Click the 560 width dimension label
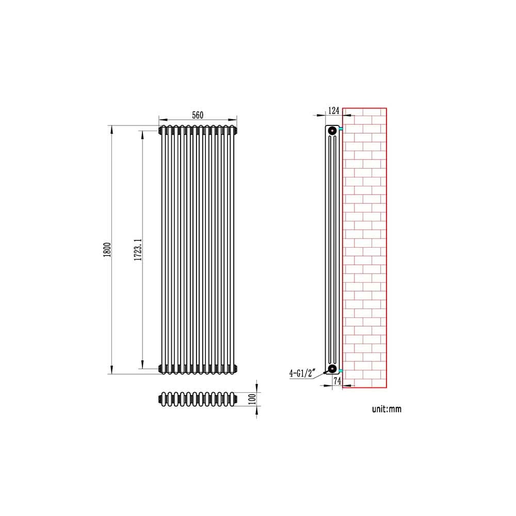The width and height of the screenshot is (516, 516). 198,114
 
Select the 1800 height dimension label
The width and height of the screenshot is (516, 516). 107,250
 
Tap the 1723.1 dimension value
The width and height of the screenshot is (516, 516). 138,250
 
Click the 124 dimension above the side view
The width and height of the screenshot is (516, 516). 333,110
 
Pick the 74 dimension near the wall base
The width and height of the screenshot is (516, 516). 337,381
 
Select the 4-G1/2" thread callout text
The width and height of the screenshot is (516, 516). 301,373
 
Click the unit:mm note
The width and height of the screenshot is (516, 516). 386,409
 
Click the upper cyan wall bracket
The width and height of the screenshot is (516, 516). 341,128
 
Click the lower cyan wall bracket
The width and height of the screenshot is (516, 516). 341,370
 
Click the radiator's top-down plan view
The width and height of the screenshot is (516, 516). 198,399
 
